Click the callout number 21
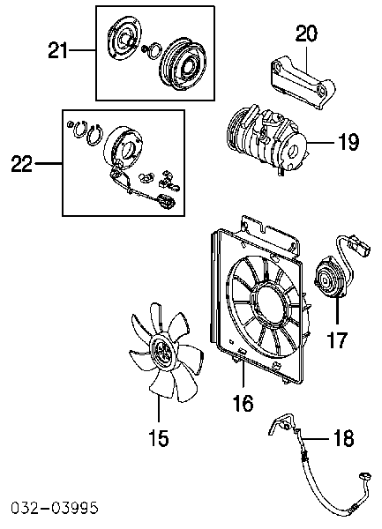(57, 50)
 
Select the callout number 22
(21, 163)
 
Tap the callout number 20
(306, 34)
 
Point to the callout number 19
(348, 142)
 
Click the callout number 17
(338, 339)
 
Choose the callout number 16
(243, 403)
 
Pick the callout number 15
(159, 438)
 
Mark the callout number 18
(344, 438)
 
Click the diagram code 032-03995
(55, 508)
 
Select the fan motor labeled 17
(329, 280)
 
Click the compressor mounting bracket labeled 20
(303, 84)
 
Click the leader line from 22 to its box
(48, 164)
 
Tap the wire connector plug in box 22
(166, 200)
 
